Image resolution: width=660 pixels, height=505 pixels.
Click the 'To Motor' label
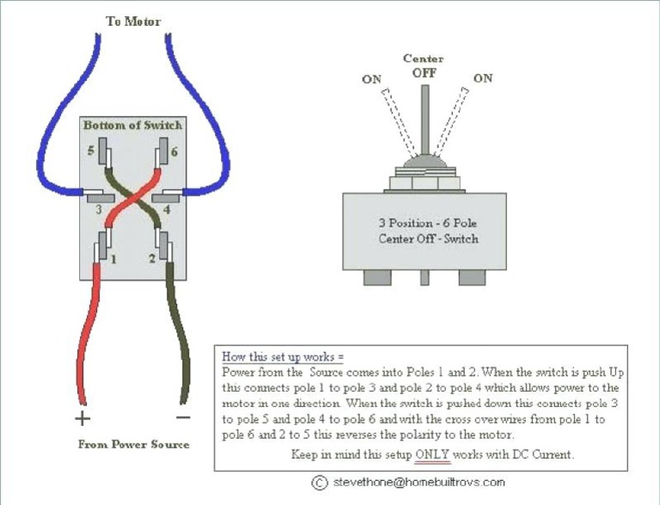coord(133,21)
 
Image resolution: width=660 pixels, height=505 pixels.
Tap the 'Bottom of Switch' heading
coord(132,125)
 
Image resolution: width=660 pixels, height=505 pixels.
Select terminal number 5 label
coord(91,150)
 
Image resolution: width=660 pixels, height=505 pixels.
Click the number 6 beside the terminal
coord(174,151)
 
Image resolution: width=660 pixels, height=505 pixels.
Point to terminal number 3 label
coord(99,210)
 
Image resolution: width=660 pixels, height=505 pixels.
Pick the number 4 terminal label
coord(167,210)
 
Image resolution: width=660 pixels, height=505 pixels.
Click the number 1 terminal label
coord(113,259)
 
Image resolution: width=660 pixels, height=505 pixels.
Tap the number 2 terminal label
coord(152,258)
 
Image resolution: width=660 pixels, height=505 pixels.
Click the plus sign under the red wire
coord(82,418)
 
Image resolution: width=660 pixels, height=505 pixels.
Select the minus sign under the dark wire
coord(183,417)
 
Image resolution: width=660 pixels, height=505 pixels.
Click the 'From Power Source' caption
coord(133,444)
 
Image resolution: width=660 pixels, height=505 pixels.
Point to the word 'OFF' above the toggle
coord(424,73)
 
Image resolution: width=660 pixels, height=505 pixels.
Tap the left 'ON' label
coord(371,79)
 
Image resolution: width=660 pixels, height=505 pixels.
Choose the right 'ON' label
coord(483,78)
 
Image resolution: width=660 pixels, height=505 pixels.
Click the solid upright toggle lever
coord(425,120)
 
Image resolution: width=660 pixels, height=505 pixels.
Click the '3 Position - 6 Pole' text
coord(428,223)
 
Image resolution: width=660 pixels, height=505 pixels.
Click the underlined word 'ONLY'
coord(432,454)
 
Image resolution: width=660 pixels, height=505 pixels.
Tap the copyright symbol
coord(320,483)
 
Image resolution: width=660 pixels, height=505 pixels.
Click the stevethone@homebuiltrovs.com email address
coord(419,482)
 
